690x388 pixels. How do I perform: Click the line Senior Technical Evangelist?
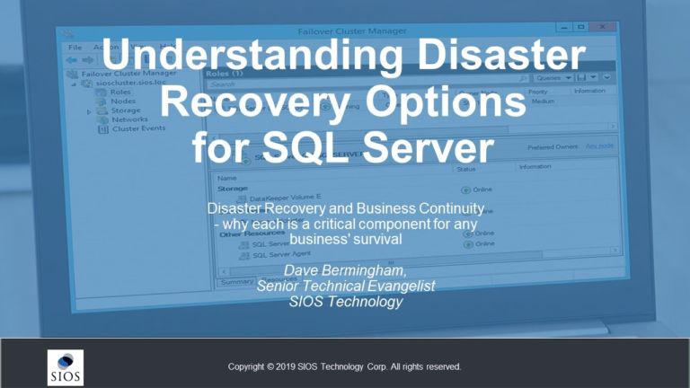point(345,286)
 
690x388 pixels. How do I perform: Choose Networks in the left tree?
point(130,119)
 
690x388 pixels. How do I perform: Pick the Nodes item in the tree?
point(123,101)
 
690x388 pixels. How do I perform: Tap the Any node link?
point(599,146)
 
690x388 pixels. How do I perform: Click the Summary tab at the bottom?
point(238,282)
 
